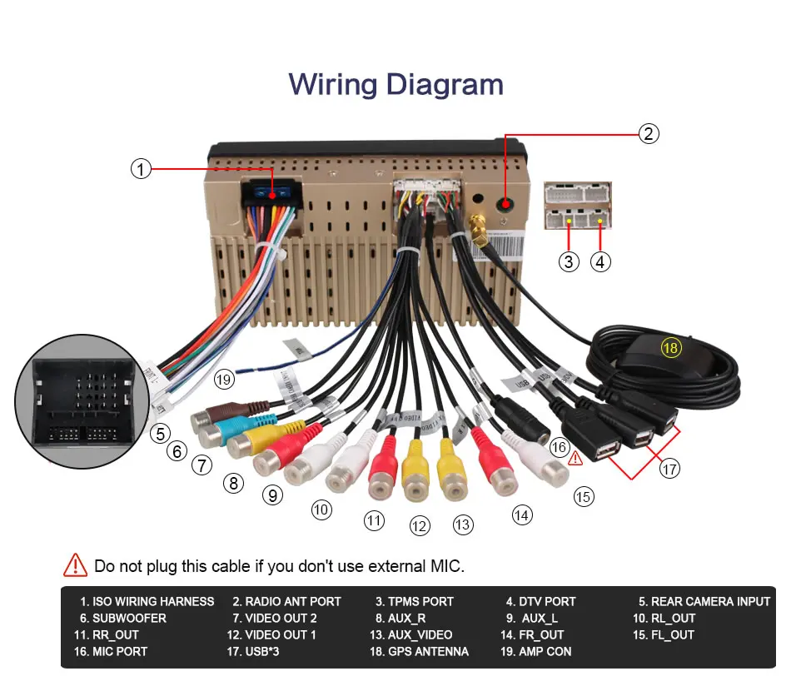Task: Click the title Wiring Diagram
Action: [395, 85]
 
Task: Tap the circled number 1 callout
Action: [141, 169]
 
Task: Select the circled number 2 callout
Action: [649, 133]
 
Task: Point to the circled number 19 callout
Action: [223, 379]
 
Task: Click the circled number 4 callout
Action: [600, 261]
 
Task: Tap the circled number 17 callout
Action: [669, 469]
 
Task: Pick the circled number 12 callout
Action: [420, 525]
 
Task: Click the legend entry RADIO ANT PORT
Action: [286, 601]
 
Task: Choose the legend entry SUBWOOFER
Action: [123, 618]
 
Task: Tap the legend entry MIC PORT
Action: [120, 651]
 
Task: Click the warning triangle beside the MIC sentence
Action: [75, 565]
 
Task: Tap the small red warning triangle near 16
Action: [575, 457]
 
